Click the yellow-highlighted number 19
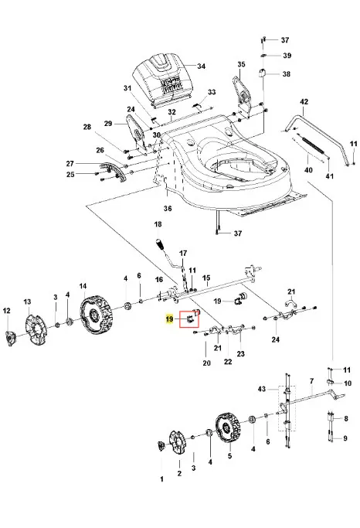(x=169, y=319)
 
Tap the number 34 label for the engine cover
(x=201, y=66)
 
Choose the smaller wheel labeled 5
(x=228, y=428)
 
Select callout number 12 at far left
(x=7, y=311)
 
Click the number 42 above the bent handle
(x=304, y=102)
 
